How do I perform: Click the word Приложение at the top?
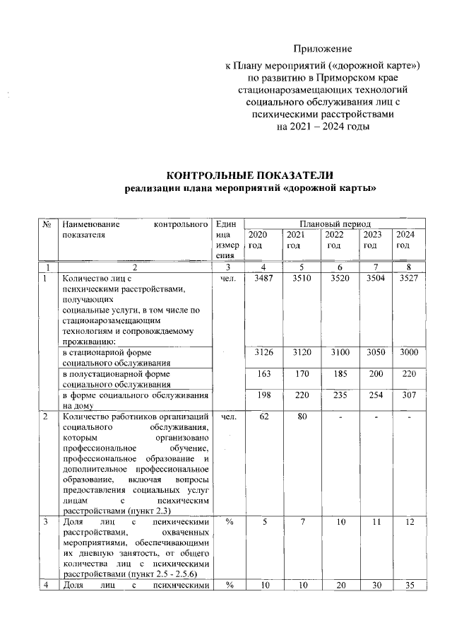pos(322,49)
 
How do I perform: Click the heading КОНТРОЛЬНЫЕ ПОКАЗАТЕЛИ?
pos(249,175)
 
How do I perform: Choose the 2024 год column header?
pos(404,240)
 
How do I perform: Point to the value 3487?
pos(262,279)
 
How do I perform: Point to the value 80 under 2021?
pos(298,417)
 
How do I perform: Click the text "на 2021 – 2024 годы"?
pos(322,127)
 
